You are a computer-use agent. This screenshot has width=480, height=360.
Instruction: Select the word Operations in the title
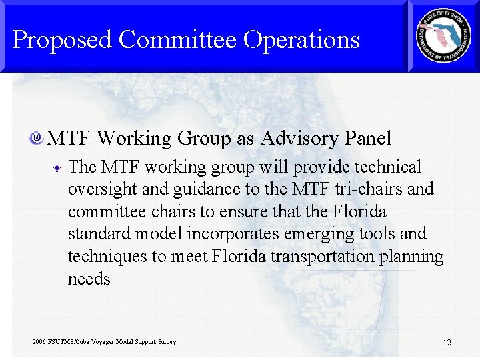click(x=301, y=41)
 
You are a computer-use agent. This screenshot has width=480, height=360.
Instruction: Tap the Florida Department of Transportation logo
click(x=443, y=35)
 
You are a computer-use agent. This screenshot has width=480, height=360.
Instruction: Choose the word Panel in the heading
click(x=368, y=138)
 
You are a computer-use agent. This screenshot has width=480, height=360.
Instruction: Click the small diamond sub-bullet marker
click(x=58, y=168)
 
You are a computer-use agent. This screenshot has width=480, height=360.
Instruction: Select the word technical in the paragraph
click(x=389, y=167)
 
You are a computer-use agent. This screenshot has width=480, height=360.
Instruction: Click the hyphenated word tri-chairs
click(x=369, y=189)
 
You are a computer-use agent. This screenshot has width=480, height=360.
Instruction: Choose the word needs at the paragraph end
click(x=89, y=279)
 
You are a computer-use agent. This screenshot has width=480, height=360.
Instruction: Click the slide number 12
click(x=447, y=343)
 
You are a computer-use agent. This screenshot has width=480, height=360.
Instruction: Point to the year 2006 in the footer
click(x=39, y=342)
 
